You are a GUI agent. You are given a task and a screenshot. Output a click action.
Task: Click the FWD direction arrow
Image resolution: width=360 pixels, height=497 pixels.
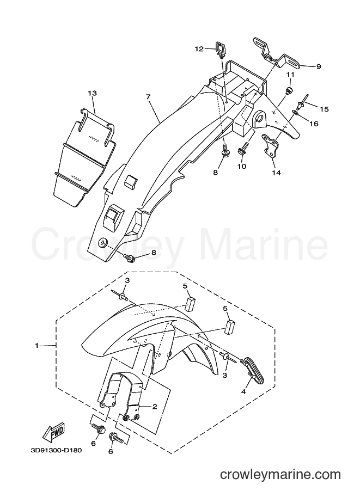[x=54, y=432]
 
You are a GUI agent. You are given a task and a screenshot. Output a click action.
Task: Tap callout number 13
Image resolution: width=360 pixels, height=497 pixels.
[x=93, y=93]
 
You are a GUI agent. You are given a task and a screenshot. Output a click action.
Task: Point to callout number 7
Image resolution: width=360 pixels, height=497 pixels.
[x=148, y=97]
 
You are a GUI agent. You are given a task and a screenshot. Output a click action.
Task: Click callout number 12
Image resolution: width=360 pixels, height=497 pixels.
[x=199, y=49]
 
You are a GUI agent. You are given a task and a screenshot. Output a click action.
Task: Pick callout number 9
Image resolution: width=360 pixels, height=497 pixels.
[x=319, y=66]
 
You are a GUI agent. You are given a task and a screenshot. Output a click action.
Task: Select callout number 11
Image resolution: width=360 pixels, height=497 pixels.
[x=290, y=75]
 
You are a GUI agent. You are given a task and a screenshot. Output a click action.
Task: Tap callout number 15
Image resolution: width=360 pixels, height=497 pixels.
[x=324, y=109]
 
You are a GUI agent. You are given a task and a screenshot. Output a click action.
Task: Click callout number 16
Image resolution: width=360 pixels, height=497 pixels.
[x=314, y=124]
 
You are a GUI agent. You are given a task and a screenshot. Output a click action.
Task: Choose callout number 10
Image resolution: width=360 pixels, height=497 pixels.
[x=242, y=167]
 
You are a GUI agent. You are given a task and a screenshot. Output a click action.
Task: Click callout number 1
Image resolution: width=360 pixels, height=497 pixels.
[x=37, y=346]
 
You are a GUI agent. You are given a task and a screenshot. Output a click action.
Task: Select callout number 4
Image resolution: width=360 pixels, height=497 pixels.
[x=243, y=392]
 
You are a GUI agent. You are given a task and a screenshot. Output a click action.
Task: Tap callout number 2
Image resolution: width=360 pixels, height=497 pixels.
[x=155, y=407]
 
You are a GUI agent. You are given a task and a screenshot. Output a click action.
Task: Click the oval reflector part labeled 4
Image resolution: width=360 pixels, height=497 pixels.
[x=252, y=368]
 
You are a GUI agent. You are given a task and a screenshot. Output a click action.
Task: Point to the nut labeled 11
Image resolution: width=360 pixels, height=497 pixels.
[x=289, y=91]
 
